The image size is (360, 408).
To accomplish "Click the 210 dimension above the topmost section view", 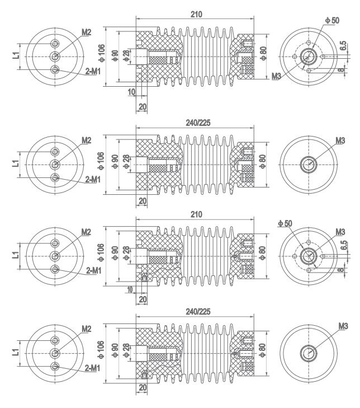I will [195, 13].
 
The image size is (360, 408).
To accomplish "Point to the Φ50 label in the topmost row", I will [332, 20].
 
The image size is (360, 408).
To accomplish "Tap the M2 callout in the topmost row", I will [86, 33].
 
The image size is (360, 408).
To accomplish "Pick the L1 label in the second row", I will [15, 163].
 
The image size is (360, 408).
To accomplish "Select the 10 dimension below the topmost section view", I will [132, 92].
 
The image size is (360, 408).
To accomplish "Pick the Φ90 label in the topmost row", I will [115, 57].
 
